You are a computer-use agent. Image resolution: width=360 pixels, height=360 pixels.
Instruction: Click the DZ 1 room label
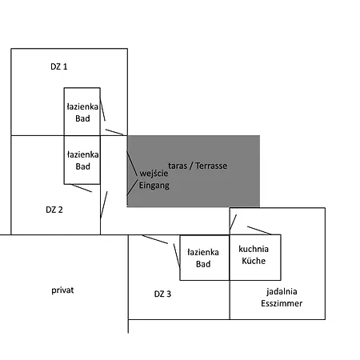(59, 66)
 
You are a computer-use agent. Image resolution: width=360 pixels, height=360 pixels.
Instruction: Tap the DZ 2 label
(54, 210)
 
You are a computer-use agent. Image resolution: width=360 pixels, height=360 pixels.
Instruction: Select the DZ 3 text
(162, 294)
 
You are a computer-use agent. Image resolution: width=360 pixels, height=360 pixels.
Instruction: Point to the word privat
(62, 290)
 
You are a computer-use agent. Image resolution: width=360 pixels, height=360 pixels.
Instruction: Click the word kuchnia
(254, 249)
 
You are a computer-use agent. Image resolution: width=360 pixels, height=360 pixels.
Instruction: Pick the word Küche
(254, 261)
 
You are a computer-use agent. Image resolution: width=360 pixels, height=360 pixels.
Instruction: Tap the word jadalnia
(282, 292)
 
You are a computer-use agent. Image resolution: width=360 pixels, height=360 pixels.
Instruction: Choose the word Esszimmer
(282, 303)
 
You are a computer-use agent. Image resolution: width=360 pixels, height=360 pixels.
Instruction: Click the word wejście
(154, 174)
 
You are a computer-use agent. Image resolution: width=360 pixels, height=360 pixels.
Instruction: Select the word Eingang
(154, 186)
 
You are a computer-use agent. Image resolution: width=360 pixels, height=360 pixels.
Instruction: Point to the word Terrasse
(211, 166)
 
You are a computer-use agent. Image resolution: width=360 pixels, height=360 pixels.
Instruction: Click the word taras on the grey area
(178, 166)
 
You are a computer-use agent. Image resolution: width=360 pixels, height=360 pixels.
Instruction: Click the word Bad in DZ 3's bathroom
(203, 264)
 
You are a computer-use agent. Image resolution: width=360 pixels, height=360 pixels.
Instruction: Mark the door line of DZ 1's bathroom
(102, 109)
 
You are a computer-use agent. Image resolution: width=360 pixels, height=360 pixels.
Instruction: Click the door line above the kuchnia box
(259, 230)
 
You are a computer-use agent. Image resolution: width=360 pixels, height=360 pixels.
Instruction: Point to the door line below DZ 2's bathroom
(81, 188)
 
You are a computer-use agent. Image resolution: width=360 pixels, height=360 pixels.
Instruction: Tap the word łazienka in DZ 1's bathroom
(82, 106)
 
